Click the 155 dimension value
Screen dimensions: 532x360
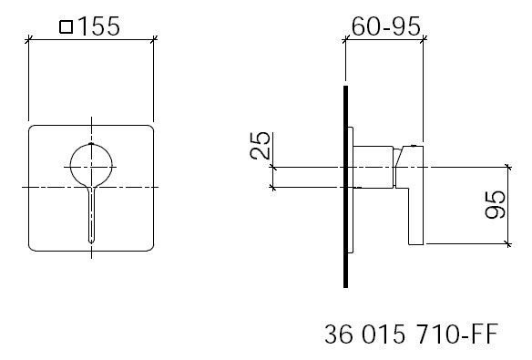[x=98, y=26]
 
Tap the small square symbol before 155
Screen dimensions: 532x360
[x=66, y=27]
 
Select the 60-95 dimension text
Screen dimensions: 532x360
[x=385, y=26]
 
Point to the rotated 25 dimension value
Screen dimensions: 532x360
[x=261, y=146]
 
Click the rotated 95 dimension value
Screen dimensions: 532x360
[x=496, y=204]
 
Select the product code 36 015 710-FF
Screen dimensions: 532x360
[x=411, y=334]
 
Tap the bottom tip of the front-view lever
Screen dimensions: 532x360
[x=91, y=242]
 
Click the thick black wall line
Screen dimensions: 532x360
[x=345, y=187]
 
